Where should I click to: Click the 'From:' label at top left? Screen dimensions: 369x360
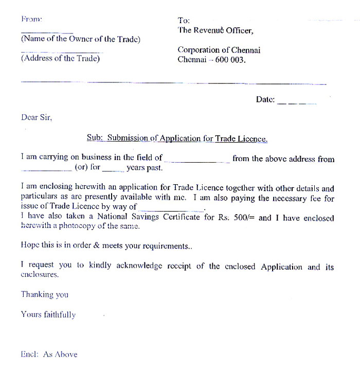point(31,19)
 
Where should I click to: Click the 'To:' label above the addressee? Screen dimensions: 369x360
point(184,21)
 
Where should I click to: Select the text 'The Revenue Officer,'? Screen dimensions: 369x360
point(215,30)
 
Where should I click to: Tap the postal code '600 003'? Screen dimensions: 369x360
point(231,60)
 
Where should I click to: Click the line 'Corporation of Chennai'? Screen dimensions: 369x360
point(219,50)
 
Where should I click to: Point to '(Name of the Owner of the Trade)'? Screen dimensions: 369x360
point(80,40)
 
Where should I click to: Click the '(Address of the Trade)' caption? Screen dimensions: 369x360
point(60,58)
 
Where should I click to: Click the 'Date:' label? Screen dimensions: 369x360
point(265,99)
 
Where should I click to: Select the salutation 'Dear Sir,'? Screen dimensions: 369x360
point(37,117)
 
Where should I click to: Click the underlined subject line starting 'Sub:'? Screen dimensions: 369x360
point(177,138)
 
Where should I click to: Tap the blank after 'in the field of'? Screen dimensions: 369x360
point(197,160)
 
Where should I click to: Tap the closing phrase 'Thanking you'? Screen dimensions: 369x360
point(44,294)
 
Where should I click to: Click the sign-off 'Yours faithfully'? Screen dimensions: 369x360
point(48,314)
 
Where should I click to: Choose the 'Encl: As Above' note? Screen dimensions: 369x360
point(49,354)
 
